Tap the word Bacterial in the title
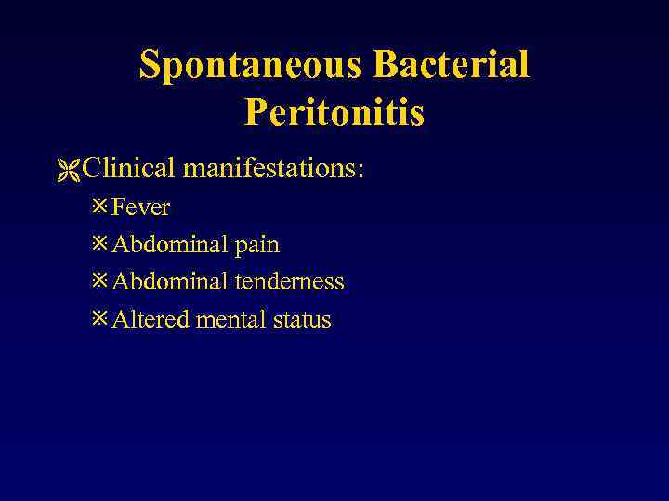pos(451,65)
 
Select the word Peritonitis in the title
pos(334,113)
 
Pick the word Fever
pos(140,207)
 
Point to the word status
pos(302,320)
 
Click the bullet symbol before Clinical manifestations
pos(68,170)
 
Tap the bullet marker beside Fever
pos(100,206)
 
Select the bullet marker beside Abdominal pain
pos(100,244)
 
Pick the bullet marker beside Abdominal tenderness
pos(100,281)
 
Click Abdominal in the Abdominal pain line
pos(169,245)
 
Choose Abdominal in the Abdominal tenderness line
pos(169,282)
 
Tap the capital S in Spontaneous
pos(150,65)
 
